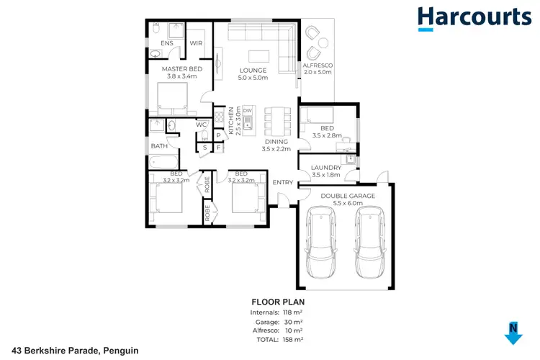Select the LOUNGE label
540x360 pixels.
click(x=253, y=70)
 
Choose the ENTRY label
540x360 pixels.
click(x=283, y=182)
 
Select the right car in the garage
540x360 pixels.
click(x=369, y=242)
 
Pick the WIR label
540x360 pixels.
click(x=196, y=44)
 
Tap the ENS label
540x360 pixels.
click(x=167, y=44)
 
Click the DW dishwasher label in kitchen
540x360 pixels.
click(x=246, y=110)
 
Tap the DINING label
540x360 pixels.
click(x=277, y=141)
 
